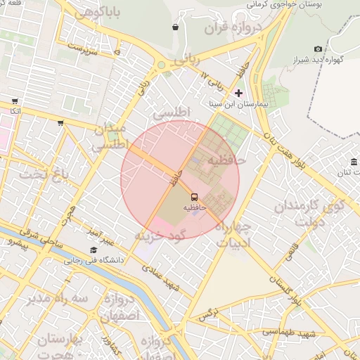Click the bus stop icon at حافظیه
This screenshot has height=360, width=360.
pyautogui.click(x=194, y=197)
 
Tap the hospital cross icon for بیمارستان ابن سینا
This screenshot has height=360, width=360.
pyautogui.click(x=238, y=93)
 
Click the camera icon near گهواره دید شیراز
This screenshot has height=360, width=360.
pyautogui.click(x=319, y=49)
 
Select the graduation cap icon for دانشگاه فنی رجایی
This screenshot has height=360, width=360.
pyautogui.click(x=94, y=250)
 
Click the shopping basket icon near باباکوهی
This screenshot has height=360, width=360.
pyautogui.click(x=175, y=27)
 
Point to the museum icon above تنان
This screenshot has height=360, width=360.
pyautogui.click(x=354, y=162)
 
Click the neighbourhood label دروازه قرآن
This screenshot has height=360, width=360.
pyautogui.click(x=233, y=27)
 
